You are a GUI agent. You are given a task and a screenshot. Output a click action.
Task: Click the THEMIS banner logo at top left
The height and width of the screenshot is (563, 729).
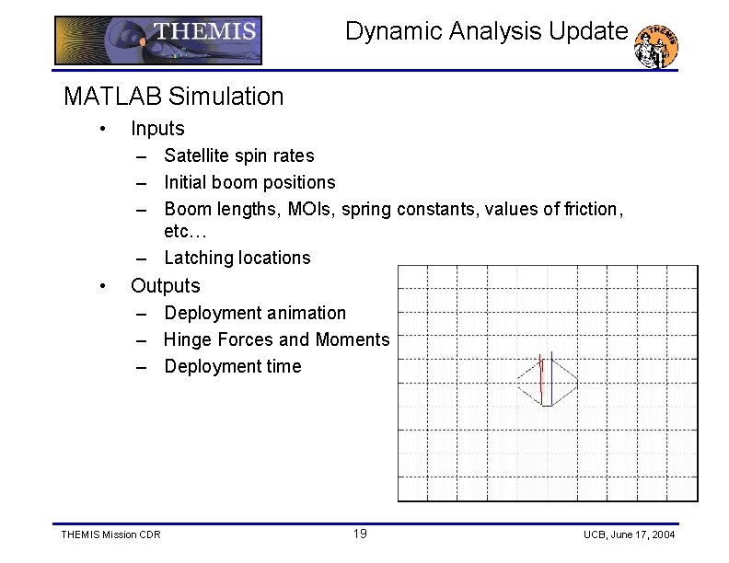point(158,40)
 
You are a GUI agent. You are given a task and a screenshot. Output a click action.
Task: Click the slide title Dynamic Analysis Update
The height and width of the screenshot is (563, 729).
point(486,31)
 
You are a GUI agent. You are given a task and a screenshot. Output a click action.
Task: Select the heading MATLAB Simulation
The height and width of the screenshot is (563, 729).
point(173,96)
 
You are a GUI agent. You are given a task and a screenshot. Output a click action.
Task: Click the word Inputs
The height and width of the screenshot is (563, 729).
point(157,129)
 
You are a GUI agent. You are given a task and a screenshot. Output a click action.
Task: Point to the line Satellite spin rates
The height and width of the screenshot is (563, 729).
point(238,155)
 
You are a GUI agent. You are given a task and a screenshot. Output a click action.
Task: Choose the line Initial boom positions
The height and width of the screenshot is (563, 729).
point(249,182)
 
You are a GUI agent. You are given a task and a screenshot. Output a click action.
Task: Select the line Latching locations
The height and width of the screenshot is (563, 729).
point(237,258)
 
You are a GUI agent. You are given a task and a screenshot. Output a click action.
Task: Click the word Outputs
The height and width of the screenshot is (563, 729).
point(165,285)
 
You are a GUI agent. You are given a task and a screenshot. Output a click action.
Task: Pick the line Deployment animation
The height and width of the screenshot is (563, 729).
point(255,313)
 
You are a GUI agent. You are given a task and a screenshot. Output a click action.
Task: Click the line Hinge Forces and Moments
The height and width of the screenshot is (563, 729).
point(276,339)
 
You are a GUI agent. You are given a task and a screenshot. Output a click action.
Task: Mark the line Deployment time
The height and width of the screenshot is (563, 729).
point(232,366)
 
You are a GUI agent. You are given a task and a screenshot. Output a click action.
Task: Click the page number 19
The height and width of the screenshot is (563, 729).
point(360,534)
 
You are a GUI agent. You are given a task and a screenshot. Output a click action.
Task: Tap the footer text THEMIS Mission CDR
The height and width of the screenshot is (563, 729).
point(110,535)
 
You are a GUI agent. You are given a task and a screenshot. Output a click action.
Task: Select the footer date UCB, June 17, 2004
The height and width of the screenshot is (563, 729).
point(629,535)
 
